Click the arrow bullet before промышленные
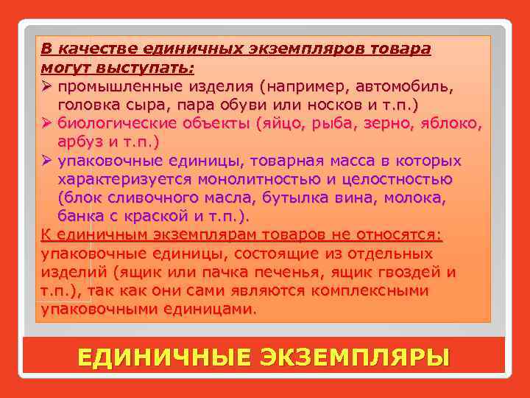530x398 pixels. click(46, 85)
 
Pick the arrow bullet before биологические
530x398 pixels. click(46, 122)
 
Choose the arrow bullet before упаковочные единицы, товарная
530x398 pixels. click(46, 161)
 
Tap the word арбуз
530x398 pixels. click(78, 142)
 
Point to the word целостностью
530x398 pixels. click(399, 179)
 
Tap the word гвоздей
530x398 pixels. click(409, 273)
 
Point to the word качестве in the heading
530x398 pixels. click(97, 49)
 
